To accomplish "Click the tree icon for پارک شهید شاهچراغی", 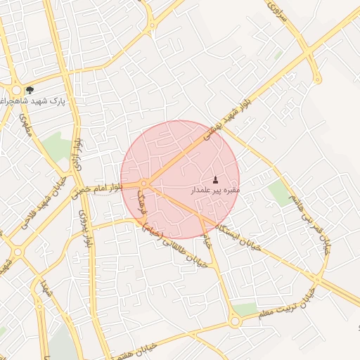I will coord(29,90).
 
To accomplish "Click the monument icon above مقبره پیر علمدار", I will coord(215,180).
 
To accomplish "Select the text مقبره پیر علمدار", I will coord(215,190).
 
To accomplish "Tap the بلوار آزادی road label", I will coord(79,157).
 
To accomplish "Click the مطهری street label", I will coord(27,126).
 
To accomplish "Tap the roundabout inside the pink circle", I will coord(143,184).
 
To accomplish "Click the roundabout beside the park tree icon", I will coord(17,90).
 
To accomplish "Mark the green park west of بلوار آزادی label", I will coord(56,146).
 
